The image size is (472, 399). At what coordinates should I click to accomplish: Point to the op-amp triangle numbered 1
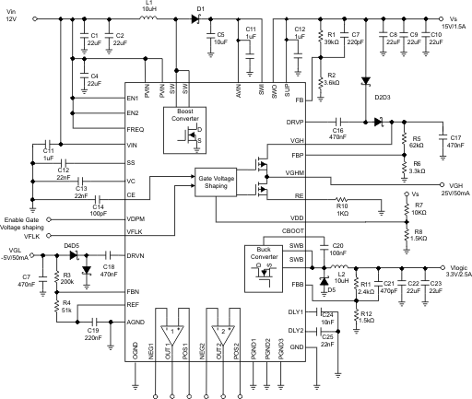(x=172, y=330)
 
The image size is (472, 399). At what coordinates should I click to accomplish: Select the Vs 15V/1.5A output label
(x=454, y=21)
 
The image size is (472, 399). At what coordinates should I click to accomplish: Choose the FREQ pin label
(x=136, y=130)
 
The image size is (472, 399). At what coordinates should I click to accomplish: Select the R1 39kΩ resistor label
(x=331, y=37)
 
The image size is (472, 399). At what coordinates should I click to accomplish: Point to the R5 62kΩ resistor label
(x=416, y=143)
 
